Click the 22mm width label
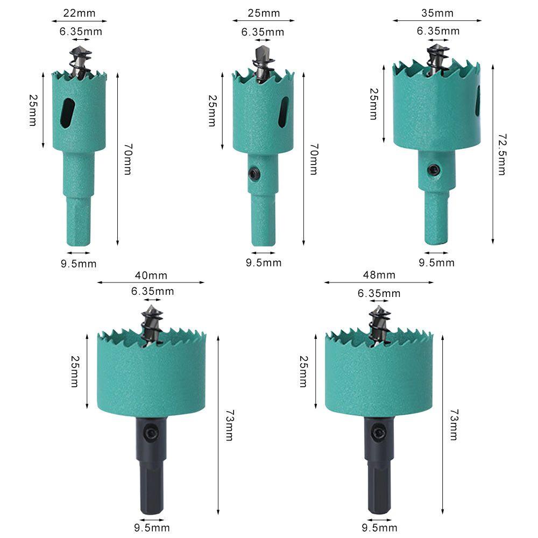pyautogui.click(x=79, y=13)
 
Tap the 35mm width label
pyautogui.click(x=437, y=13)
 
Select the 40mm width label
pyautogui.click(x=151, y=275)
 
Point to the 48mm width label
pyautogui.click(x=379, y=275)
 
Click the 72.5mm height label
pyautogui.click(x=502, y=154)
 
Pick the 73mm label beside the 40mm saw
pyautogui.click(x=230, y=425)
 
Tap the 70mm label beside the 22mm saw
pyautogui.click(x=128, y=159)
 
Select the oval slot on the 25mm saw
pyautogui.click(x=284, y=112)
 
